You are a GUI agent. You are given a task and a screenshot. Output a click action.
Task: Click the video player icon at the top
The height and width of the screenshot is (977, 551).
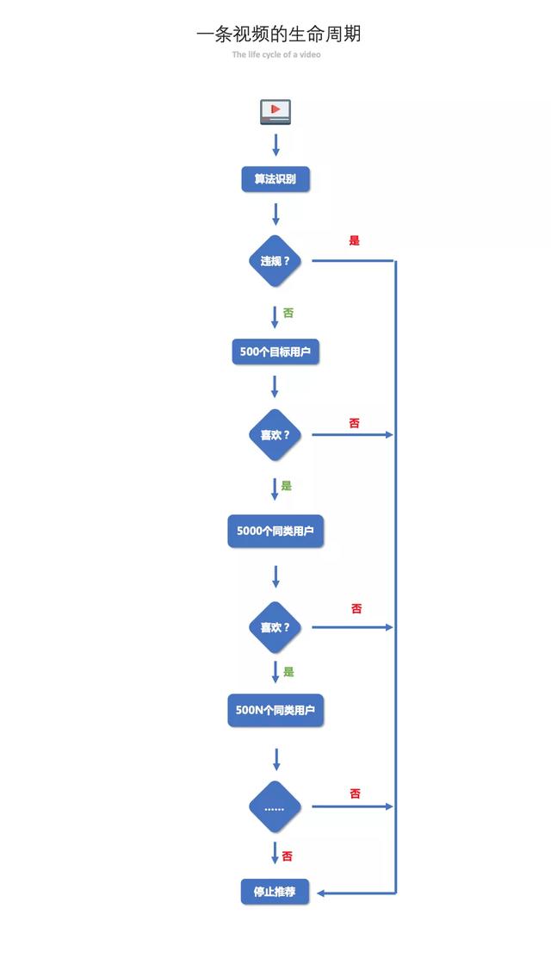[275, 112]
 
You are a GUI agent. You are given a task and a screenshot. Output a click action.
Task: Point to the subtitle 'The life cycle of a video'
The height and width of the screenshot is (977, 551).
[276, 55]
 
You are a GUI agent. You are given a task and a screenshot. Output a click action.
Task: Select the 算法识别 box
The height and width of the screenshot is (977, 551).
[275, 179]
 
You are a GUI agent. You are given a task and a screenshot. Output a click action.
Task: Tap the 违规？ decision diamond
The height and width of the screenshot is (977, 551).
[275, 260]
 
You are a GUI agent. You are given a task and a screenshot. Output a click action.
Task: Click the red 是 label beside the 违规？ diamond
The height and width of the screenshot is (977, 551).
[354, 241]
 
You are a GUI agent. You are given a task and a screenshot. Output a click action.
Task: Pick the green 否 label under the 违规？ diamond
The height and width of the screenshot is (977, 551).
[288, 314]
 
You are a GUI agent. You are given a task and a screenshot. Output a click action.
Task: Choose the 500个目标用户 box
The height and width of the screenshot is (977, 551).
[275, 352]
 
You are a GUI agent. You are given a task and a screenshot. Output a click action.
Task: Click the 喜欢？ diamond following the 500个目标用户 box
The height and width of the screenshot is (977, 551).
[275, 435]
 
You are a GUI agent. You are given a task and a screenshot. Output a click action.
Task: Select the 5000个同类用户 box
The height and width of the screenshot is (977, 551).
[275, 531]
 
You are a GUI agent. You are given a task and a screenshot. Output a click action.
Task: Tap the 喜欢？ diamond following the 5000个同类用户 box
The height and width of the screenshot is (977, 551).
[275, 627]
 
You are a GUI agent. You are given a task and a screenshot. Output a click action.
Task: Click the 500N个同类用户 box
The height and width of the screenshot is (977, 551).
[275, 711]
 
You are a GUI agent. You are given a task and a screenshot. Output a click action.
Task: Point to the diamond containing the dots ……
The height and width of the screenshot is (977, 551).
[275, 807]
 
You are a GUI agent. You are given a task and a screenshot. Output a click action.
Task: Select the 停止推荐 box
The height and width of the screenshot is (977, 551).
[275, 892]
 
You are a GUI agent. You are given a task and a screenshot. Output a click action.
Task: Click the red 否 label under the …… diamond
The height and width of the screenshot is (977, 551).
[288, 856]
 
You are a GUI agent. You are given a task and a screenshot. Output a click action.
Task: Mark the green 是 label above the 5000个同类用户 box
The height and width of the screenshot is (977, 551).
[287, 486]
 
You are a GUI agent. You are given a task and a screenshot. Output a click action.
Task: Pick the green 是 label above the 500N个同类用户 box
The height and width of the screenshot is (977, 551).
[288, 672]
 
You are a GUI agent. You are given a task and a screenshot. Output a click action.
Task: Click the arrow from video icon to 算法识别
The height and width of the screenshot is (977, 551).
[276, 144]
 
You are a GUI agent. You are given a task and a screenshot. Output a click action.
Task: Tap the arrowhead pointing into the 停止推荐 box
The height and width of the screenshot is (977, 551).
[321, 893]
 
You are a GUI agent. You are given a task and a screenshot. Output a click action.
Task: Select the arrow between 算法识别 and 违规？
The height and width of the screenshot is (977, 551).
[276, 214]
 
